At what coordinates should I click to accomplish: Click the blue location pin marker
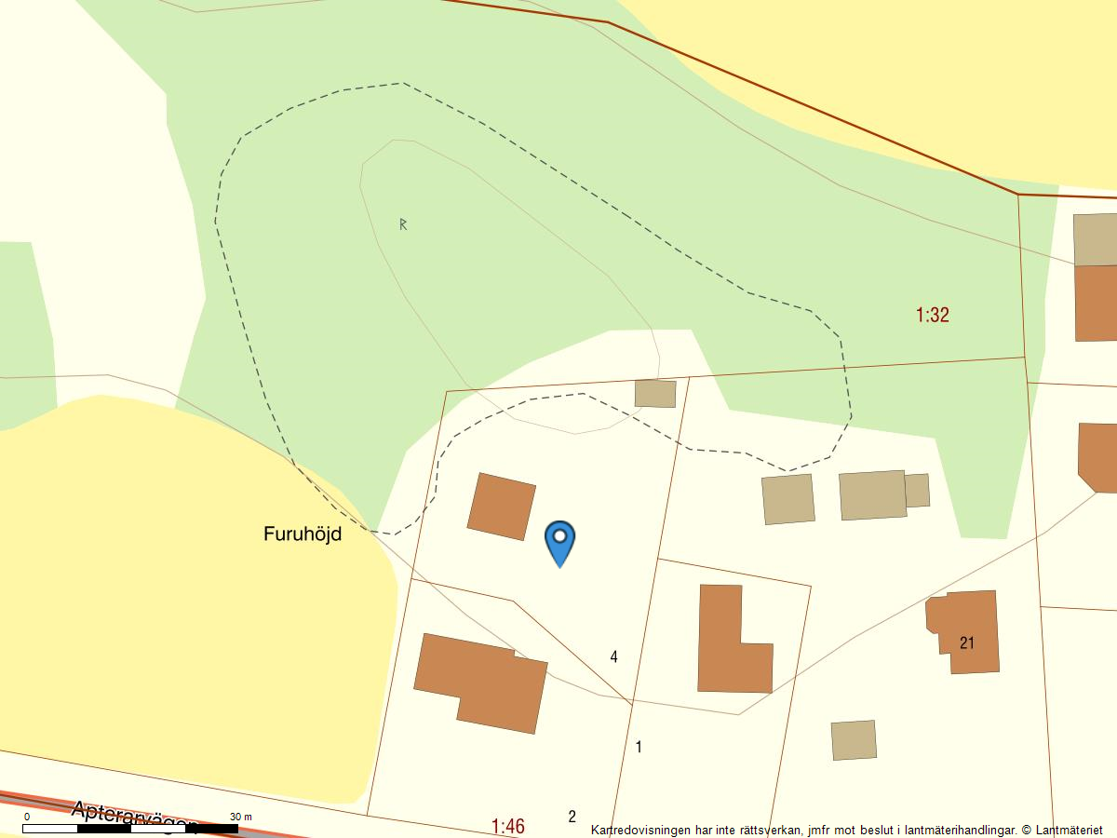pos(559,541)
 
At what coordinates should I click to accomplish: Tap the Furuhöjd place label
pos(303,534)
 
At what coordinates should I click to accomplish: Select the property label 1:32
pos(932,315)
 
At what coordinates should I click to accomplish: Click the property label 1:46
pos(507,826)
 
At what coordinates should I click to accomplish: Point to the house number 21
pos(967,642)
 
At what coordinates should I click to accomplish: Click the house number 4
pos(613,657)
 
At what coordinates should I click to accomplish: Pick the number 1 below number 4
pos(639,747)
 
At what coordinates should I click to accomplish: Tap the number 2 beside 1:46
pos(572,818)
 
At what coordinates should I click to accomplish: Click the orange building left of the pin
pos(501,507)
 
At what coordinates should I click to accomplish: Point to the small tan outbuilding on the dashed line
pos(655,393)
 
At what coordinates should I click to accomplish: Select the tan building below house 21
pos(854,740)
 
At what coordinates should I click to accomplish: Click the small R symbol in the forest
pos(403,224)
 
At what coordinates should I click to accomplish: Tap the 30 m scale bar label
pos(240,817)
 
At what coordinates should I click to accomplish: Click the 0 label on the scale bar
pos(26,817)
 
